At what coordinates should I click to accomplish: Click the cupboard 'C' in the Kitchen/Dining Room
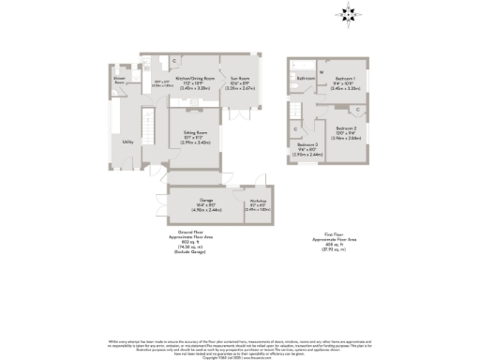pos(176,62)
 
